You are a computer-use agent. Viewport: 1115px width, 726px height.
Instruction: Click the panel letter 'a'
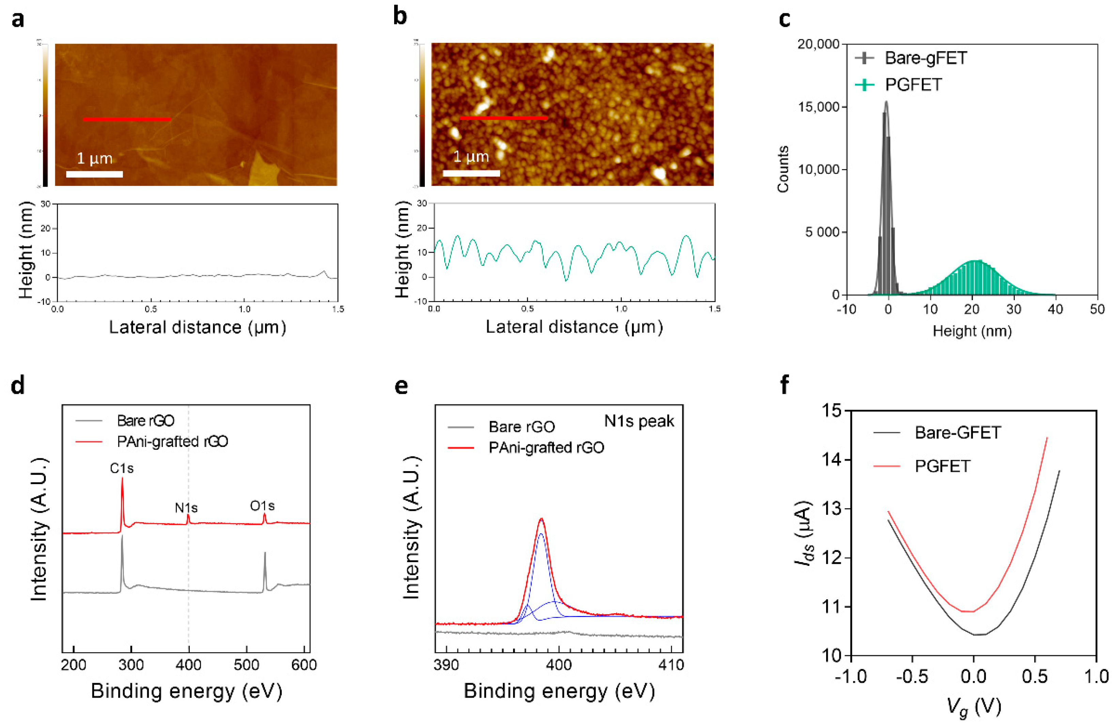click(18, 20)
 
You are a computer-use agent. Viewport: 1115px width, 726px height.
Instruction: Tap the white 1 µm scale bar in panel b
click(471, 173)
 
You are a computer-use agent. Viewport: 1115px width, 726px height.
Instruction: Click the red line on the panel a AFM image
click(126, 119)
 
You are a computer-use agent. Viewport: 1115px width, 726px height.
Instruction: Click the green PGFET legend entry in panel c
click(913, 85)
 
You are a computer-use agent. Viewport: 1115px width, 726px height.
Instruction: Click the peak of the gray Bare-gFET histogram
click(886, 102)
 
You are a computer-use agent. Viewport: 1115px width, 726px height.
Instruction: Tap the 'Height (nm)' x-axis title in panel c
click(972, 331)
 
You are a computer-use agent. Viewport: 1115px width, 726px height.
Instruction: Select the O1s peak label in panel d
click(262, 506)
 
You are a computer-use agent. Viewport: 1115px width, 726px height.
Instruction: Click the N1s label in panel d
click(186, 508)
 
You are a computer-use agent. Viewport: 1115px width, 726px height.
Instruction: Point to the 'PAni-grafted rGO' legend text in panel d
click(172, 441)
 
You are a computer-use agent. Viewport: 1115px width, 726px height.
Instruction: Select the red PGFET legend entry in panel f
click(942, 466)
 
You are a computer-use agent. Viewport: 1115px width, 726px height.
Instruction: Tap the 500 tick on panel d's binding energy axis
click(246, 665)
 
